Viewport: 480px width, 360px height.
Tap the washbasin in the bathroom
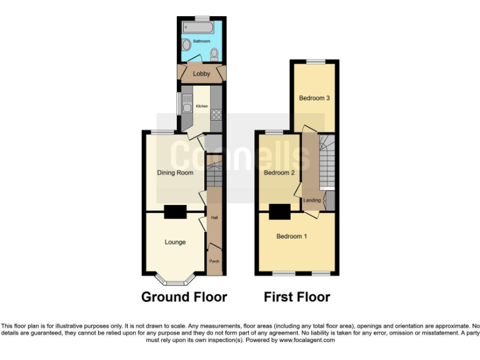pyautogui.click(x=187, y=46)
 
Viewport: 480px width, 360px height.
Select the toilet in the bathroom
pyautogui.click(x=215, y=54)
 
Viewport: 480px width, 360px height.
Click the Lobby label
pyautogui.click(x=201, y=74)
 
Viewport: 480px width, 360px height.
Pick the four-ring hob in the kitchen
pyautogui.click(x=217, y=114)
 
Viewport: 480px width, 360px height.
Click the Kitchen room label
pyautogui.click(x=202, y=106)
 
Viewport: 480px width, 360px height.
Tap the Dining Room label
pyautogui.click(x=175, y=172)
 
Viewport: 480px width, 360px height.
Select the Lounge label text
pyautogui.click(x=175, y=242)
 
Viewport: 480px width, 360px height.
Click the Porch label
pyautogui.click(x=214, y=261)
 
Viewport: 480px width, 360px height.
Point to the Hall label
pyautogui.click(x=214, y=218)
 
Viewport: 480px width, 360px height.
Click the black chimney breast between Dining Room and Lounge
pyautogui.click(x=175, y=212)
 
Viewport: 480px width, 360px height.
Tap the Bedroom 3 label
pyautogui.click(x=314, y=98)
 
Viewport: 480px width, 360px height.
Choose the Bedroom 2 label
pyautogui.click(x=279, y=172)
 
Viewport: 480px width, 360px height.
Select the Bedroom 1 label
pyautogui.click(x=292, y=236)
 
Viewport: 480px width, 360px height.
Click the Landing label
pyautogui.click(x=312, y=200)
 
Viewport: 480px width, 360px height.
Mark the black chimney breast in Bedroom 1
pyautogui.click(x=279, y=212)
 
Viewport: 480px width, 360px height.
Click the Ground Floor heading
pyautogui.click(x=184, y=297)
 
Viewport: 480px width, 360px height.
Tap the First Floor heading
pyautogui.click(x=297, y=297)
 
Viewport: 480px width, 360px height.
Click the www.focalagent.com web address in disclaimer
pyautogui.click(x=306, y=341)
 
